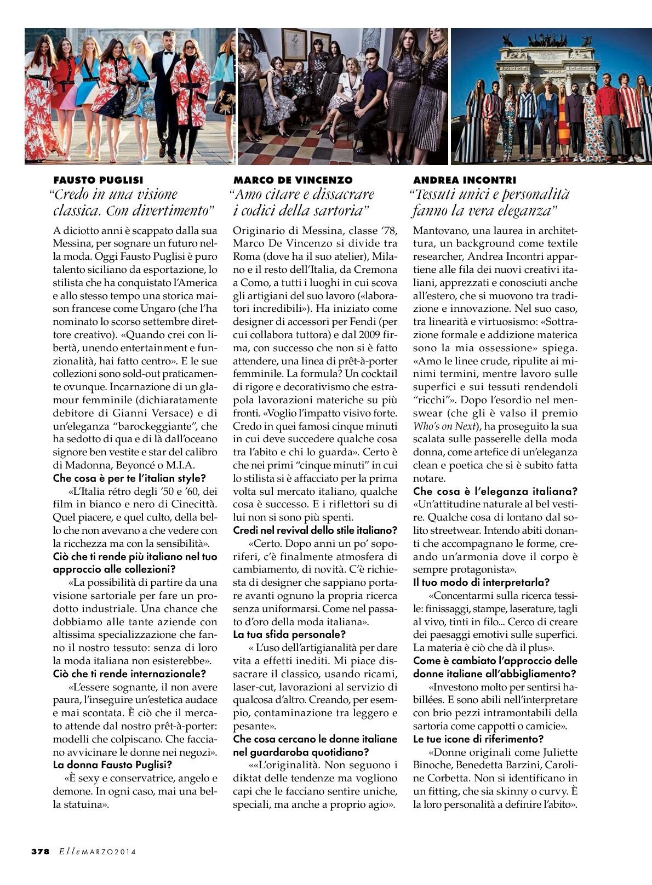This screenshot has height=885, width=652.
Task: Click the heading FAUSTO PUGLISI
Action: [98, 180]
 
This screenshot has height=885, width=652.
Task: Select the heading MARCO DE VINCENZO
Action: [293, 180]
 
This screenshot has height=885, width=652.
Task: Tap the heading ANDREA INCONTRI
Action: [465, 180]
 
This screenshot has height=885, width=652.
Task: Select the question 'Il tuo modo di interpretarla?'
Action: [481, 582]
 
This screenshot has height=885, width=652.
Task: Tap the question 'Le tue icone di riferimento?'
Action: [478, 738]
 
